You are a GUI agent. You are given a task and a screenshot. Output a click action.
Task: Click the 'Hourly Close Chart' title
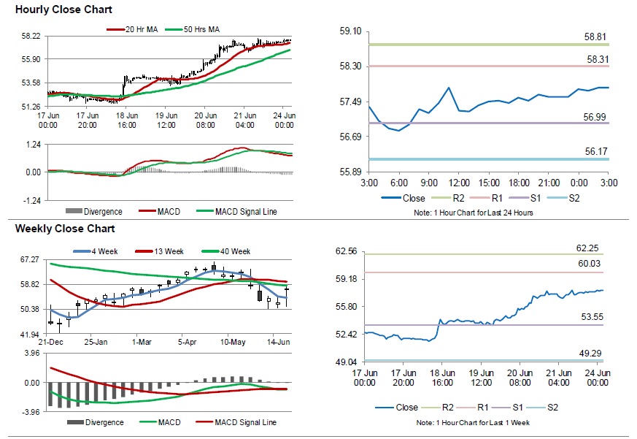[x=63, y=9]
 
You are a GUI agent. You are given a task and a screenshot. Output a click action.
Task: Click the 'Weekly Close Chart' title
[x=64, y=229]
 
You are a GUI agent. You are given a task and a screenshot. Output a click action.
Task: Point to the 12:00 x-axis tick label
[x=458, y=182]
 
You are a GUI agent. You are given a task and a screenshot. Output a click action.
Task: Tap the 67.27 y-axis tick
[x=30, y=259]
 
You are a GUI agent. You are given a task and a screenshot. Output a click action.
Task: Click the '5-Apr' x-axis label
[x=188, y=342]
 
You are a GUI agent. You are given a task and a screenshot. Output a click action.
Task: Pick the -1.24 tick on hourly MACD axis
[x=31, y=200]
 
